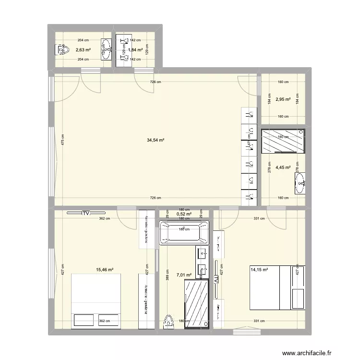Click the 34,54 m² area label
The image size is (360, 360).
(156, 140)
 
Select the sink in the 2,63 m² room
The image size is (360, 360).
(105, 49)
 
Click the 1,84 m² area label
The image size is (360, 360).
(134, 49)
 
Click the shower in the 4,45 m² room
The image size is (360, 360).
(282, 141)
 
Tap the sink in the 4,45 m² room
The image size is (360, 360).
(300, 182)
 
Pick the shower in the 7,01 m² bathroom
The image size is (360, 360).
(197, 304)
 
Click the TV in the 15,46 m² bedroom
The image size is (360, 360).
(86, 213)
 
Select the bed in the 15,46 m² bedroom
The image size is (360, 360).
(96, 301)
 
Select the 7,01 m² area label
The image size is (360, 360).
(184, 276)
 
